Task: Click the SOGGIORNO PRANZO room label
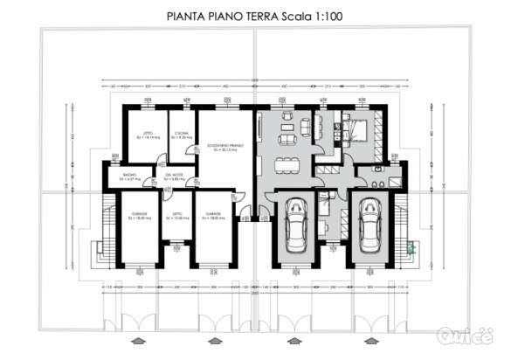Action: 224,146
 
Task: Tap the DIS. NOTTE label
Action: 175,177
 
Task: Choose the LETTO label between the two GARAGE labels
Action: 177,213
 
